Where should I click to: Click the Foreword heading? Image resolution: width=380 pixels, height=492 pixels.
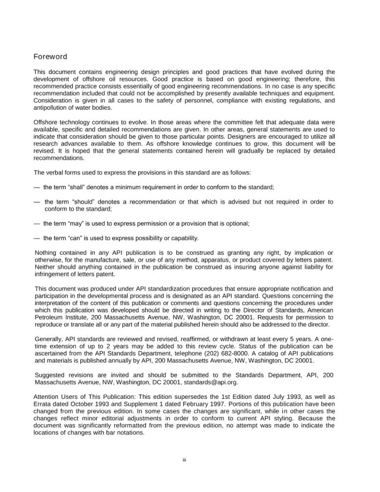(x=50, y=57)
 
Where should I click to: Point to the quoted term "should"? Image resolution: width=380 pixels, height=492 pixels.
(x=87, y=202)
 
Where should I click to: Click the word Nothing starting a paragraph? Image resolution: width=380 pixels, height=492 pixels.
(x=47, y=252)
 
